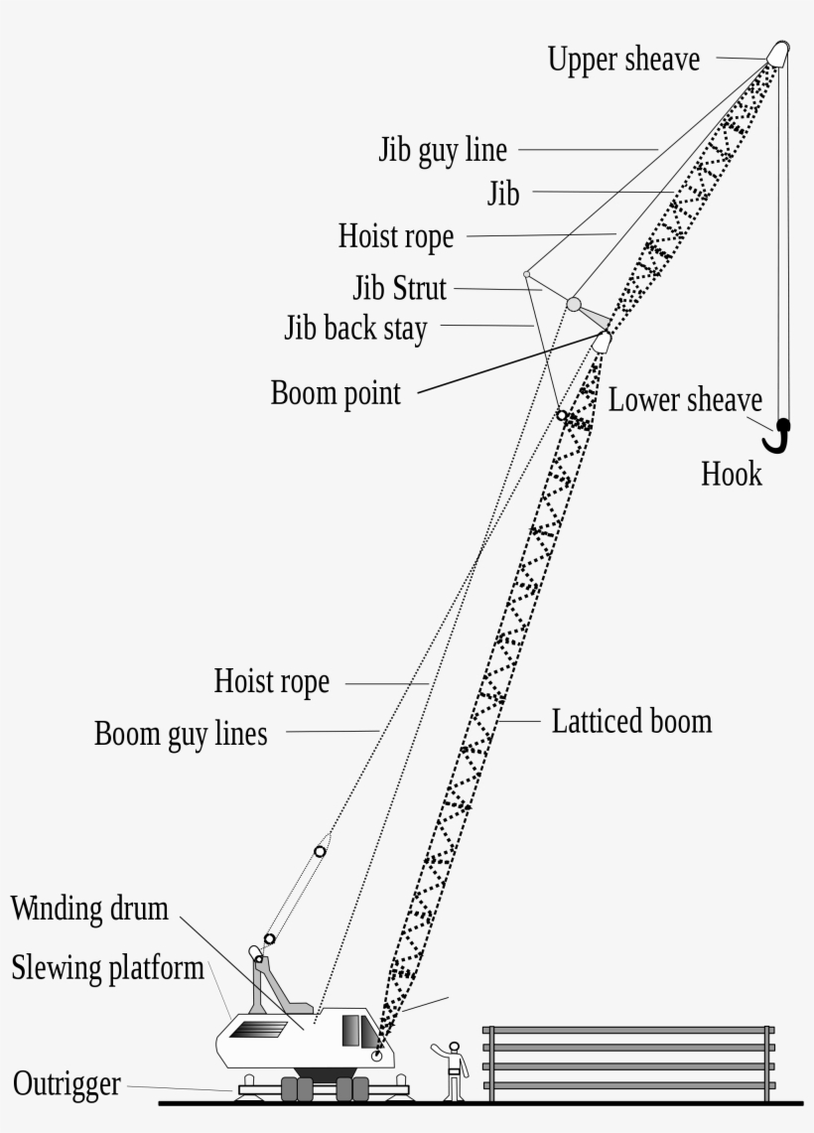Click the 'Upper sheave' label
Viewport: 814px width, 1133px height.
623,60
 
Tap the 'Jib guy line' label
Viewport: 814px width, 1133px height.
443,150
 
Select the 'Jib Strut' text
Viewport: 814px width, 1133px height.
400,289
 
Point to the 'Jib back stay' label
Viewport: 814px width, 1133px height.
355,328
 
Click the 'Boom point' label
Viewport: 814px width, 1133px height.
336,393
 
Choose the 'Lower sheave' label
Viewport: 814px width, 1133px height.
685,400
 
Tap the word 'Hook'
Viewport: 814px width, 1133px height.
732,474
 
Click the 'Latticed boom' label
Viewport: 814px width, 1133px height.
631,721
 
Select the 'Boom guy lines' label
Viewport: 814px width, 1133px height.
181,734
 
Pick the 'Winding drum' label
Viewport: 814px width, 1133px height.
89,908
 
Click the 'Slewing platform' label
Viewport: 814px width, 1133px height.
107,968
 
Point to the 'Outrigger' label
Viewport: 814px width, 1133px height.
67,1083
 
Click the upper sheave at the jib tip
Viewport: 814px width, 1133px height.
777,53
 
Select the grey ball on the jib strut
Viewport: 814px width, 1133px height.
574,303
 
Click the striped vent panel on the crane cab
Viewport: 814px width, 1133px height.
256,1029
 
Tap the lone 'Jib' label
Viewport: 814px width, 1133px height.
503,194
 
